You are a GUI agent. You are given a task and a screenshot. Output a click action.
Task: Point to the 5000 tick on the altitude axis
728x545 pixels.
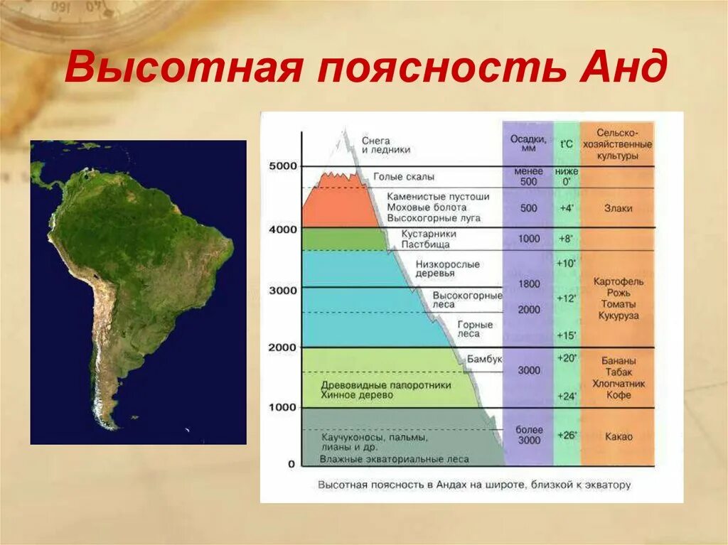point(282,166)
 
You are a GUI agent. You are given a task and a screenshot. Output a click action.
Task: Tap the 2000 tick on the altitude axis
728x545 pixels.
point(282,347)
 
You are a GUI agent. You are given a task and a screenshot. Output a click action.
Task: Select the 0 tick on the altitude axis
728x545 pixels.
point(291,464)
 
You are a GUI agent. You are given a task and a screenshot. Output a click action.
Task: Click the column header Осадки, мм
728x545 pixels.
point(528,144)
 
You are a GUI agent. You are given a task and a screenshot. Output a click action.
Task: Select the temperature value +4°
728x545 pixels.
point(567,208)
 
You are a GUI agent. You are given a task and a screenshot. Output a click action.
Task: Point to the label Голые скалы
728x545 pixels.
point(403,177)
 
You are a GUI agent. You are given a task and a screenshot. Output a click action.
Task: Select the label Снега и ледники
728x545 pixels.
point(385,146)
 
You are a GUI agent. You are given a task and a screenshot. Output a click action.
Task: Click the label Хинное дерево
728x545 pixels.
point(356,395)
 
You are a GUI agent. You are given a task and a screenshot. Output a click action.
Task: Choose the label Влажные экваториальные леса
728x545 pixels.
point(394,459)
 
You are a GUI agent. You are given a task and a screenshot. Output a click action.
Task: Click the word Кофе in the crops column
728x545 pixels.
point(617,395)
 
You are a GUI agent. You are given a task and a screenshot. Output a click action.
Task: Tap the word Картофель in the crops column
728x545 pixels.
point(617,281)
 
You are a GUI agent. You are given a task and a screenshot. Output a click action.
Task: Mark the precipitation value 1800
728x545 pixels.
point(529,284)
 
